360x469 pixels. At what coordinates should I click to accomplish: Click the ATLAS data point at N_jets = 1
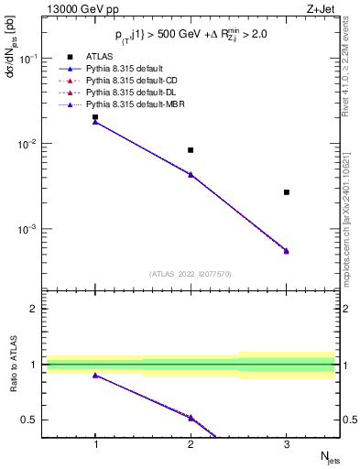coord(95,117)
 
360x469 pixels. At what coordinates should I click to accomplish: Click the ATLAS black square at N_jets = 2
coord(191,150)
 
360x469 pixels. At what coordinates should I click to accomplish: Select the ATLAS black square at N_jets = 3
coord(287,192)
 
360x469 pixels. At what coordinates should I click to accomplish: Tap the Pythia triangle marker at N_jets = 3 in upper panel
coord(287,250)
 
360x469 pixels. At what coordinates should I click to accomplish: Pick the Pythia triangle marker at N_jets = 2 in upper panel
coord(191,173)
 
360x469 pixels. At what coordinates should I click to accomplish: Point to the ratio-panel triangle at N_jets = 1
coord(95,375)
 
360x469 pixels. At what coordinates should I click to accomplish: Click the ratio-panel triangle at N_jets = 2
coord(191,417)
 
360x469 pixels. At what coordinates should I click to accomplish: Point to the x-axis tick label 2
coord(191,443)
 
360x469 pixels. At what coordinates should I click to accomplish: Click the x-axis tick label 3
coord(287,443)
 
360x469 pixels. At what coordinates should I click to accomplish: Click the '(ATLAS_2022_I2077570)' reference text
coord(191,274)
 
